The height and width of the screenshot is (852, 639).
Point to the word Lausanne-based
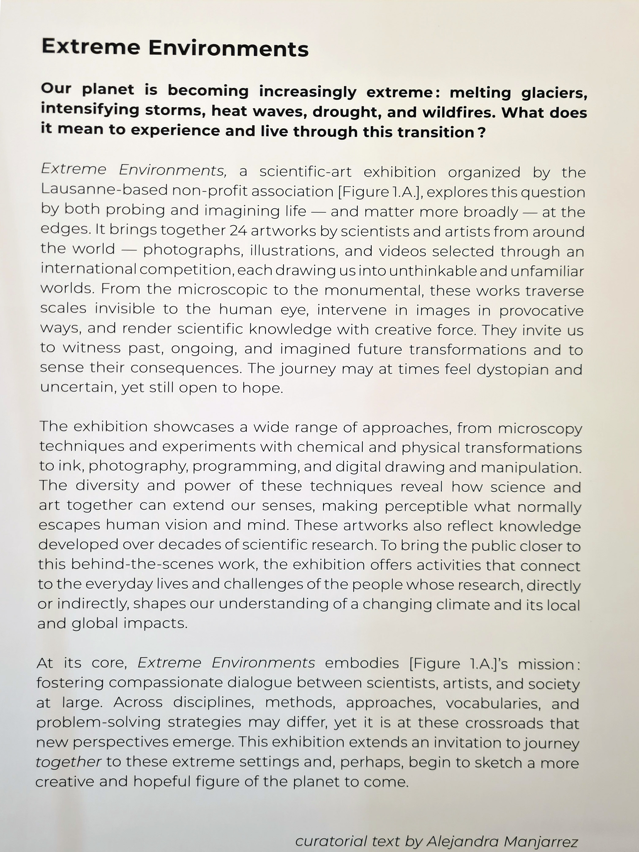coord(104,190)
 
